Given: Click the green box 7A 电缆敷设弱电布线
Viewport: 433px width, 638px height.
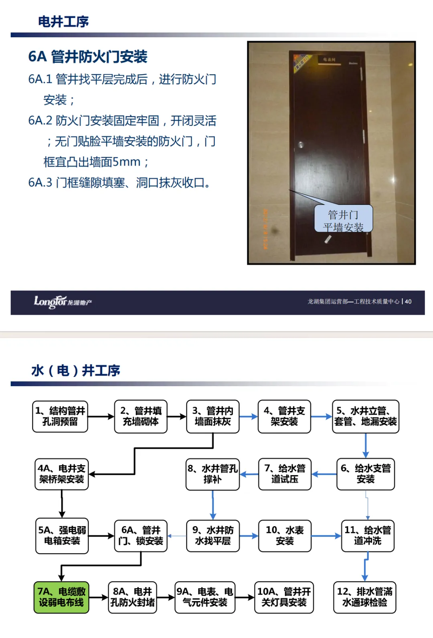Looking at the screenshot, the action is tap(61, 597).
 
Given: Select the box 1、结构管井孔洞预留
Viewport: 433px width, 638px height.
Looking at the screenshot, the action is tap(60, 416).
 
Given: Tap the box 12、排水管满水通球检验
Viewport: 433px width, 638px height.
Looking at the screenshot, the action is tap(364, 597).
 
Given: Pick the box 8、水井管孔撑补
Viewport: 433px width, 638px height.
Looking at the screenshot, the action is tap(212, 474).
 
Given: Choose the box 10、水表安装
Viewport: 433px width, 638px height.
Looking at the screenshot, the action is tap(285, 536).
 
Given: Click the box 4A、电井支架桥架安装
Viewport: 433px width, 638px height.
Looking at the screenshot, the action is tap(62, 474).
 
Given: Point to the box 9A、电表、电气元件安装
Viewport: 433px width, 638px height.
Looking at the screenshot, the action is tap(205, 597).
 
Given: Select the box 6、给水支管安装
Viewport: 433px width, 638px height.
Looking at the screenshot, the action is tap(366, 474).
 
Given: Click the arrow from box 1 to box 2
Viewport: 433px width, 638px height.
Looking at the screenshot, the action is tap(101, 417).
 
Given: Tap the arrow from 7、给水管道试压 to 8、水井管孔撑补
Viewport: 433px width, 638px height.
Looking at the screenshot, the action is tap(249, 474).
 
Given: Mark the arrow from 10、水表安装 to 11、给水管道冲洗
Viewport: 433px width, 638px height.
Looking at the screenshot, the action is tap(326, 536).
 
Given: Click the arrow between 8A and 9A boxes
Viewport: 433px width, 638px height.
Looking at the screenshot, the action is tap(166, 597).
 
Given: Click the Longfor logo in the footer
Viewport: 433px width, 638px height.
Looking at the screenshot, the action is tap(63, 302).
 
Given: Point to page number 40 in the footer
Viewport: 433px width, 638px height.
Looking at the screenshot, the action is tap(408, 302).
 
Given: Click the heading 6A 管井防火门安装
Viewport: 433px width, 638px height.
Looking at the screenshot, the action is tap(88, 57).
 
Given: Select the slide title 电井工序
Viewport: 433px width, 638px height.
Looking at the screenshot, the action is tap(63, 22).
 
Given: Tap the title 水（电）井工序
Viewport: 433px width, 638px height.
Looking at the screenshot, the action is tap(76, 370).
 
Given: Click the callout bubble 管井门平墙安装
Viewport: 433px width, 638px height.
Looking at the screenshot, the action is tap(343, 220).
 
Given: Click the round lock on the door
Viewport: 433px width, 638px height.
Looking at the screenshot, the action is tap(301, 144).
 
